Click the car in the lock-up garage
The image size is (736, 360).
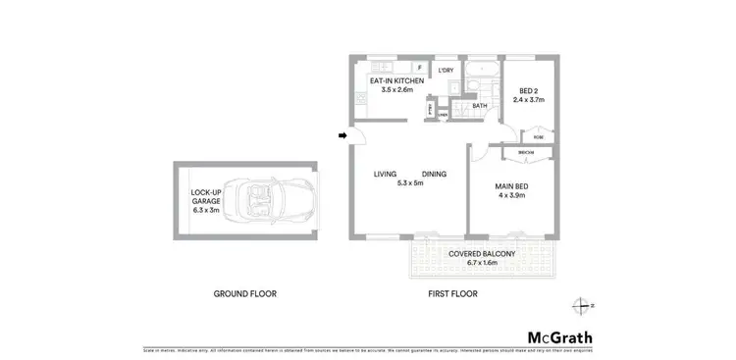pyautogui.click(x=263, y=200)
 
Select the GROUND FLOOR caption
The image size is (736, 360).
pyautogui.click(x=245, y=293)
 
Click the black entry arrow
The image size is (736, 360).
pyautogui.click(x=342, y=135)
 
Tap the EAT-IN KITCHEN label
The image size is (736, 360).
pyautogui.click(x=395, y=79)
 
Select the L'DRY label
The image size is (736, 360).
pyautogui.click(x=446, y=70)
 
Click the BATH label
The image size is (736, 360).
pyautogui.click(x=480, y=105)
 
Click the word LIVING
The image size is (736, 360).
pyautogui.click(x=385, y=175)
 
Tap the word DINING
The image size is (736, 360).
pyautogui.click(x=435, y=175)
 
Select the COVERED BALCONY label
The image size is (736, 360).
pyautogui.click(x=481, y=254)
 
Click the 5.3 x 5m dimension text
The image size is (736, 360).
pyautogui.click(x=410, y=183)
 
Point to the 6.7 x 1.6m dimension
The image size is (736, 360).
pyautogui.click(x=481, y=263)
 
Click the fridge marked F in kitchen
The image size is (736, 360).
pyautogui.click(x=419, y=68)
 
